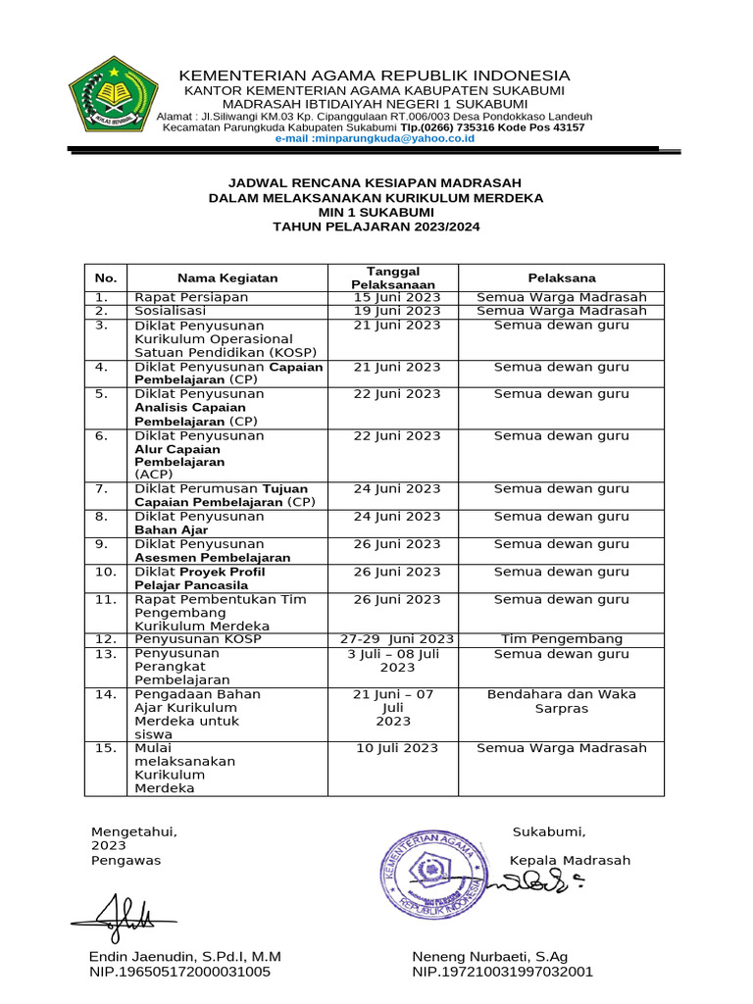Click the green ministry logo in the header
[x=114, y=99]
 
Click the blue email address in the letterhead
[x=375, y=139]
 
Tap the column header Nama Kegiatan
[x=227, y=277]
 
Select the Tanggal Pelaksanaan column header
[x=392, y=277]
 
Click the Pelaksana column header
[x=562, y=277]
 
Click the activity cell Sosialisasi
[x=170, y=311]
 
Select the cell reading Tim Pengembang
[x=562, y=639]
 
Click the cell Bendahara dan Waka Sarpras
[x=562, y=701]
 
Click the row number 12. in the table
[x=106, y=639]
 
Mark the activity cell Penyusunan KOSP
[x=198, y=639]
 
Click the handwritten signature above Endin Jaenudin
[x=115, y=915]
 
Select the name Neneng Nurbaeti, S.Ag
[x=490, y=956]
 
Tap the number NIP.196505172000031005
[x=179, y=972]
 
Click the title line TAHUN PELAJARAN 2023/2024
[x=376, y=226]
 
